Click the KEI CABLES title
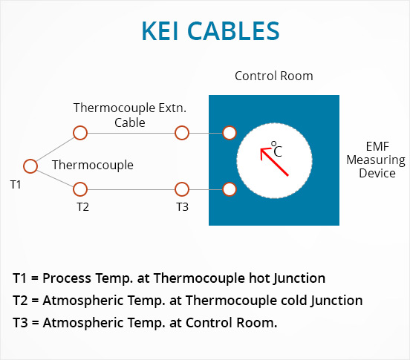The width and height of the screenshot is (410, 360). click(210, 31)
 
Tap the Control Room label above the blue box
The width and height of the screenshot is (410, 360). click(274, 76)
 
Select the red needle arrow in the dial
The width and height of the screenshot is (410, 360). click(274, 162)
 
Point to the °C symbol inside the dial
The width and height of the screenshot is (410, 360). click(276, 149)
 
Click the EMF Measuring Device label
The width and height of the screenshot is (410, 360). click(376, 160)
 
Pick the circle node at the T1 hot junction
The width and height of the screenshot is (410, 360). click(30, 166)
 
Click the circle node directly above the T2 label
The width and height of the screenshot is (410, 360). click(80, 189)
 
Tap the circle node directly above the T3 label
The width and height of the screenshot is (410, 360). click(182, 189)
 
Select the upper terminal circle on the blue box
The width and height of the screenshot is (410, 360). click(230, 133)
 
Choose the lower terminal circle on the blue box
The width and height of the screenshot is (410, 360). click(230, 189)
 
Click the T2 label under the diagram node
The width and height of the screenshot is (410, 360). click(83, 207)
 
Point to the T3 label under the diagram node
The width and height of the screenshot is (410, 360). click(182, 207)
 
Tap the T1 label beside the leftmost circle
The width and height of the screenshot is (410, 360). click(16, 185)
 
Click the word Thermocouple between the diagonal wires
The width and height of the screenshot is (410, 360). click(93, 165)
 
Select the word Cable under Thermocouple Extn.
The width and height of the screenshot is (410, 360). click(130, 122)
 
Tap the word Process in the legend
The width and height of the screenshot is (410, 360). click(67, 278)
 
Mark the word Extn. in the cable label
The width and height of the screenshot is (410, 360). click(172, 108)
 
